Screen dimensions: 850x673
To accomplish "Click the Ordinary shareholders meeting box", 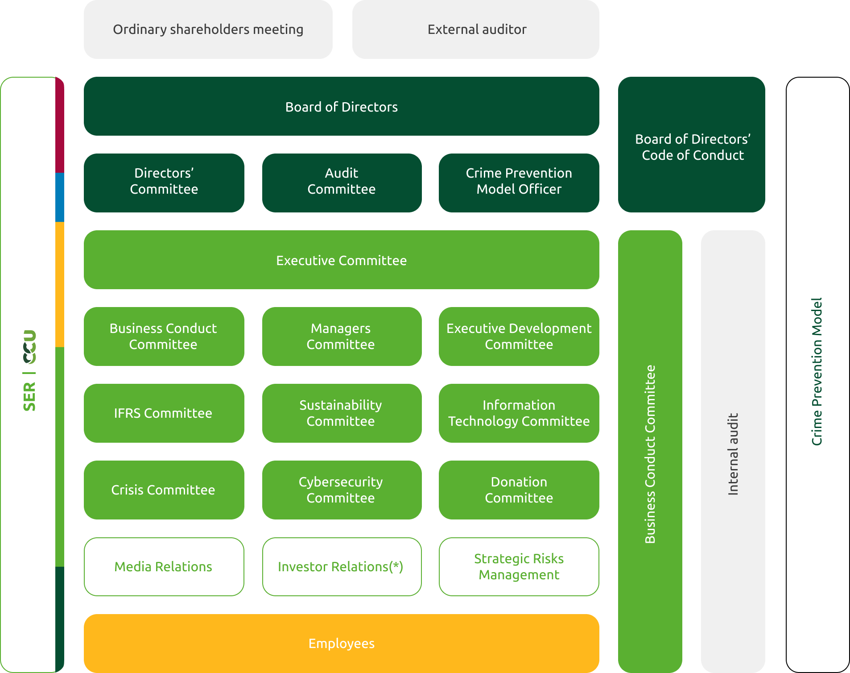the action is click(x=208, y=29).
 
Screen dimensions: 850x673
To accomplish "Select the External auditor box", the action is click(x=475, y=29).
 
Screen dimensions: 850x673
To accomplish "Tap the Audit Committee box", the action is click(x=342, y=183).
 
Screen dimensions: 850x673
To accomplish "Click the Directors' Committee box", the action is click(x=164, y=183).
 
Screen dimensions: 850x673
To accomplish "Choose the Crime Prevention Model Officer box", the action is click(x=519, y=183).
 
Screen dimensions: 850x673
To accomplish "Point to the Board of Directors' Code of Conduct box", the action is click(x=692, y=145).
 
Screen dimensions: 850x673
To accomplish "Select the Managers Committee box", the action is click(x=342, y=336).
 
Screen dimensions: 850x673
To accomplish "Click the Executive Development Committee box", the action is click(x=519, y=336).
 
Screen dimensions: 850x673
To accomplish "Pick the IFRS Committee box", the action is click(x=164, y=413).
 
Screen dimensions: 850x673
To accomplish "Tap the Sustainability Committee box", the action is click(x=342, y=413).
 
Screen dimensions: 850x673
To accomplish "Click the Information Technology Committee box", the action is click(x=519, y=413).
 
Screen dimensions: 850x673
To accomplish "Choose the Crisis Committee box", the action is click(x=164, y=490).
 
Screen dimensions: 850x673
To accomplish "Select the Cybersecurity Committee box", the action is click(x=342, y=490).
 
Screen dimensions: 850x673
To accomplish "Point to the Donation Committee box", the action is click(x=519, y=490).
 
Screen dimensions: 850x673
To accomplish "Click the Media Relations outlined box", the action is click(x=164, y=567).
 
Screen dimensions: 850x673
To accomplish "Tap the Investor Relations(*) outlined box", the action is click(x=342, y=567).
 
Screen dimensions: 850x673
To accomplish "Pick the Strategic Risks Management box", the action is click(x=519, y=567).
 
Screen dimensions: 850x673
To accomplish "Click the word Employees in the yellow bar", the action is click(x=342, y=644).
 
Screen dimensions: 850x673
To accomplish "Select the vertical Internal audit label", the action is click(x=733, y=454).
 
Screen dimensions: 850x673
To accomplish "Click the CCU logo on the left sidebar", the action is click(x=29, y=347).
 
